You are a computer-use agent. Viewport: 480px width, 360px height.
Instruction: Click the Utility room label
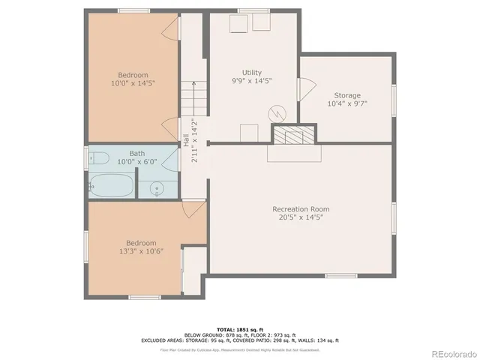click(251, 72)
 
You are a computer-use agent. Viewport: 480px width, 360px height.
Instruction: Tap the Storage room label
click(347, 95)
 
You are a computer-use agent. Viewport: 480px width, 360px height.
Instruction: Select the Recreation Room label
click(301, 208)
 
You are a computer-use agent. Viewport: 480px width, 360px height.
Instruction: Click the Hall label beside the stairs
click(186, 140)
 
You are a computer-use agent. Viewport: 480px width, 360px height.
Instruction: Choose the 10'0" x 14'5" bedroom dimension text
click(133, 84)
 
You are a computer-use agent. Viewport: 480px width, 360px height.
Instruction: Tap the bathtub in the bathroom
click(112, 184)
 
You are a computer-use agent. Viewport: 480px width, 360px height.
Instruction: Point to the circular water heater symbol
click(276, 114)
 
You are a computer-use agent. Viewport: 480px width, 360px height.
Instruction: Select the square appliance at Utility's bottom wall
click(249, 133)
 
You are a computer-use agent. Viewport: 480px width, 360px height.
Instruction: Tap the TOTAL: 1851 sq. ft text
click(239, 329)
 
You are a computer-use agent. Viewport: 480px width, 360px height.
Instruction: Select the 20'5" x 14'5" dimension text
click(301, 217)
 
